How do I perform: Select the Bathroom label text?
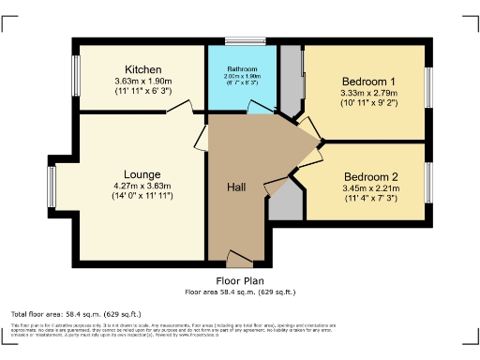coord(242,68)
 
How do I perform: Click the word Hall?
coord(237,187)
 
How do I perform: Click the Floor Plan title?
coord(239,280)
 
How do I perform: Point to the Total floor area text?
coord(76,313)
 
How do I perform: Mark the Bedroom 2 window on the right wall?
coord(429,182)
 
